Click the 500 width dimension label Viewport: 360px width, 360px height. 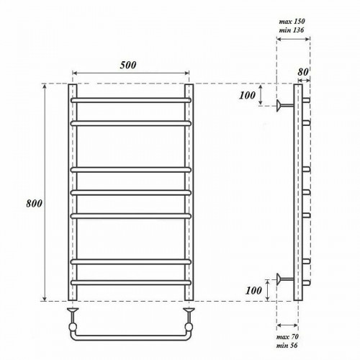(x=128, y=65)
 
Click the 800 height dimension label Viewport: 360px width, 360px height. (x=34, y=204)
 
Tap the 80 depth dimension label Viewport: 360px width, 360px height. (x=303, y=72)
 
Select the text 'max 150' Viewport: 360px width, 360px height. (x=292, y=22)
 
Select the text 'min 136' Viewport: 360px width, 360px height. (x=292, y=30)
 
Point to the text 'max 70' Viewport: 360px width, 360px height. (x=287, y=337)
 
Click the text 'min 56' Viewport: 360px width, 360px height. (x=287, y=346)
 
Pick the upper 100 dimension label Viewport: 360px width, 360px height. (x=247, y=95)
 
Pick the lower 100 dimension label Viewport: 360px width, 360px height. (x=253, y=291)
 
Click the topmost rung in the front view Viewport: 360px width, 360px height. (x=131, y=100)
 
